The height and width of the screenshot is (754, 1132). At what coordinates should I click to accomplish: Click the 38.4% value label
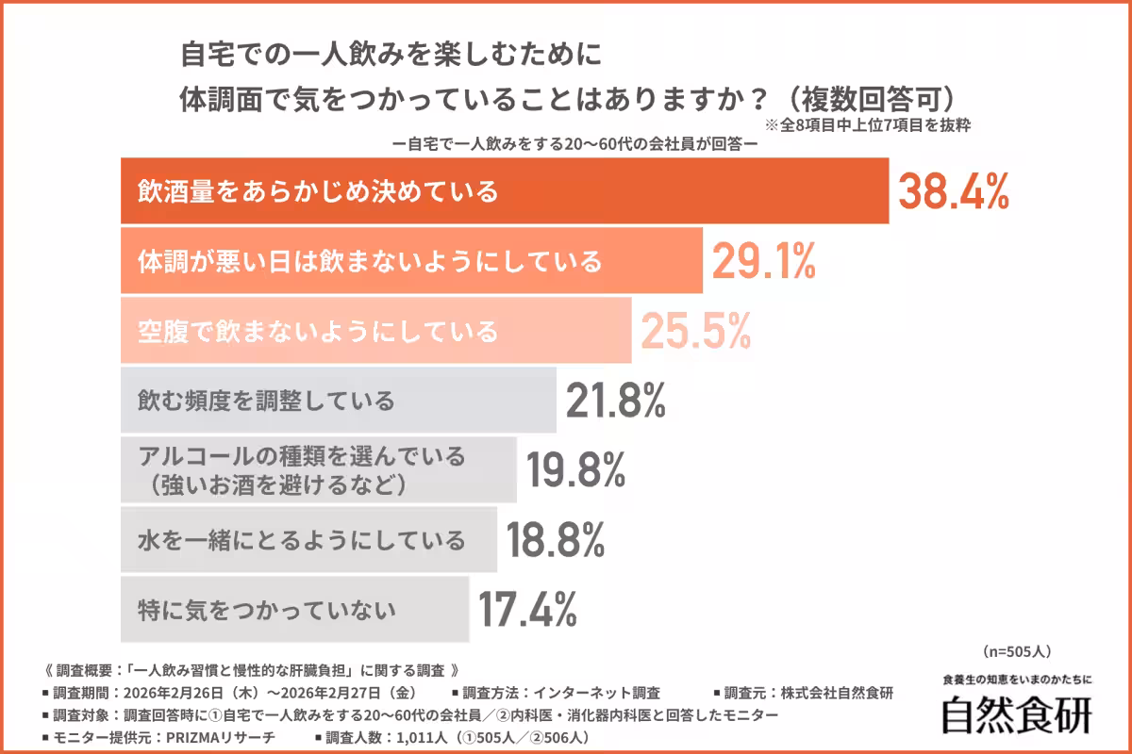coord(953,192)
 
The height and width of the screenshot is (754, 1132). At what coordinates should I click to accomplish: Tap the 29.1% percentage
coord(763,261)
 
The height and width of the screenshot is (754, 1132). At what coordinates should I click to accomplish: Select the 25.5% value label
coord(696,331)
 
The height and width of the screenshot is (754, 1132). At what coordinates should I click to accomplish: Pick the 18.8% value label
coord(555,540)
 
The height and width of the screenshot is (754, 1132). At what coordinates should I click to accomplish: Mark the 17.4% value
coord(526,610)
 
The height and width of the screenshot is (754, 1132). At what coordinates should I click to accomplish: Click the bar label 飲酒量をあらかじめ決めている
coord(318,192)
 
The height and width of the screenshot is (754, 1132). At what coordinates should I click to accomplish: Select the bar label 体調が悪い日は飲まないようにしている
coord(370,261)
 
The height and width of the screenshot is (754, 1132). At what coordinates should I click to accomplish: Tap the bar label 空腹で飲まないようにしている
coord(318,331)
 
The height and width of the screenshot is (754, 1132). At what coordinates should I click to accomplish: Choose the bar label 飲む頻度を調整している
coord(266,401)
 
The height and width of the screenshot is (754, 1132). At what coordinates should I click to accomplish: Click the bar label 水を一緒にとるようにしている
coord(302,540)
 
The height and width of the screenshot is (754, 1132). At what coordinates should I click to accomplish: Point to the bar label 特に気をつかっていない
coord(266,610)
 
